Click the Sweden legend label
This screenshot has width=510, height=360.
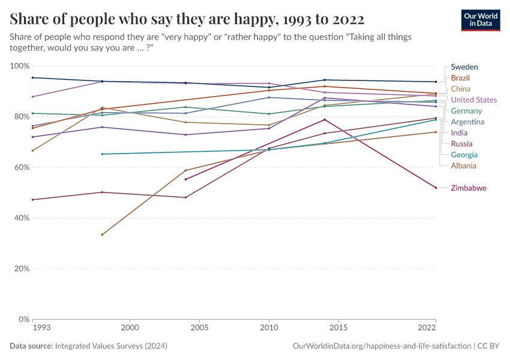click(464, 67)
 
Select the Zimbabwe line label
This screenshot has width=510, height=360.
click(468, 188)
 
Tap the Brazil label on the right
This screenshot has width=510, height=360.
click(460, 78)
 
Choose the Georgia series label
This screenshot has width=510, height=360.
click(464, 155)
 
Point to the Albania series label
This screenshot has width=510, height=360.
click(464, 166)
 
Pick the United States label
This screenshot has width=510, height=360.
click(473, 100)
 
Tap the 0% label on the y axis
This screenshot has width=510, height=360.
click(25, 319)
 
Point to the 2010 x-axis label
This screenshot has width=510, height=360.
click(269, 328)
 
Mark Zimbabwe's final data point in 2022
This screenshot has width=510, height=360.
click(436, 188)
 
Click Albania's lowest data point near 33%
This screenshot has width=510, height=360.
click(102, 235)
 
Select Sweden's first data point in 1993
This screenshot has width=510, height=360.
click(33, 77)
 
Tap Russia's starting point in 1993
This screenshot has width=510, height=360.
click(33, 200)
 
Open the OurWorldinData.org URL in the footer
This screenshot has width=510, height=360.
click(382, 346)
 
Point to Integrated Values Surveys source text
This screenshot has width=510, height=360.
click(111, 346)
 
